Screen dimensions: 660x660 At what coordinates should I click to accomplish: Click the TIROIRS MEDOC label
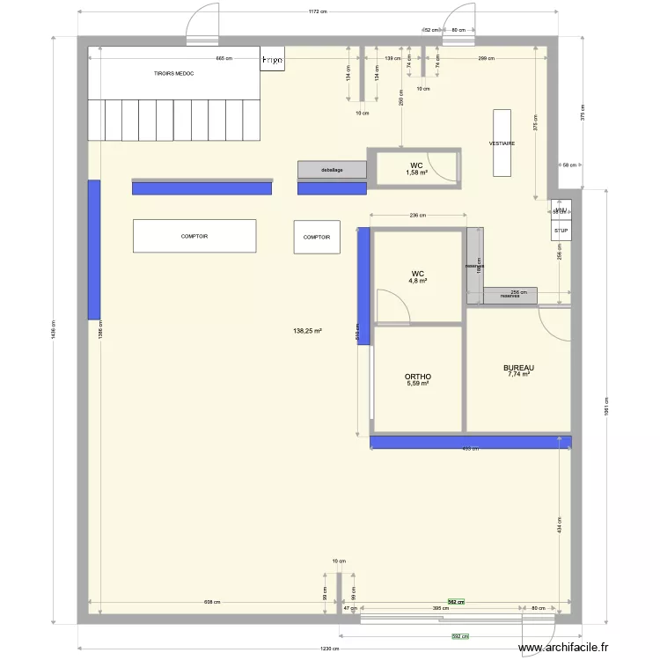coord(173,74)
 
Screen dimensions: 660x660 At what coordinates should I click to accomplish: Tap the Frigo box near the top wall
coord(272,59)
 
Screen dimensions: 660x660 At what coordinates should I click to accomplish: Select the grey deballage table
coord(332,170)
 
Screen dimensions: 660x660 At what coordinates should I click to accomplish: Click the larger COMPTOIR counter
coord(194,237)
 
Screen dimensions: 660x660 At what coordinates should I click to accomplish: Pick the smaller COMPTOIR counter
coord(317,238)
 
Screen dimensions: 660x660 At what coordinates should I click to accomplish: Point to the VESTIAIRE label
coord(502,143)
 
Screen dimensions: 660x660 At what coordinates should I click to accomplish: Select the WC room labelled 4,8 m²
coord(417,277)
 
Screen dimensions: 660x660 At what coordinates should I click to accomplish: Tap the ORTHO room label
coord(418,377)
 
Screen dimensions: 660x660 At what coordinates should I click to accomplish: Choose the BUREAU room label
coord(518,370)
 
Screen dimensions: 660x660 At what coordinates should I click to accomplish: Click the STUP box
coord(561,231)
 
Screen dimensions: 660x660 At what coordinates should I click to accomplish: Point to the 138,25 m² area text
coord(307,332)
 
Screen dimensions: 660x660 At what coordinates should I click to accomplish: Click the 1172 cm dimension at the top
coord(318,12)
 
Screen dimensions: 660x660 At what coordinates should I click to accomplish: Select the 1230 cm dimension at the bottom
coord(329,649)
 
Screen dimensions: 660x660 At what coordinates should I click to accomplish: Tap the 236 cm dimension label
coord(417,215)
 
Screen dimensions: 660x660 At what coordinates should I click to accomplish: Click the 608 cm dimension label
coord(211,603)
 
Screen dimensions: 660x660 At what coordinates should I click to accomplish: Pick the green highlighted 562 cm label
coord(456,603)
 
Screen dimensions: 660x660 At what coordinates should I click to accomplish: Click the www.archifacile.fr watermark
coord(563,649)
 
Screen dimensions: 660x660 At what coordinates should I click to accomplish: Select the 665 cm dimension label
coord(224,58)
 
